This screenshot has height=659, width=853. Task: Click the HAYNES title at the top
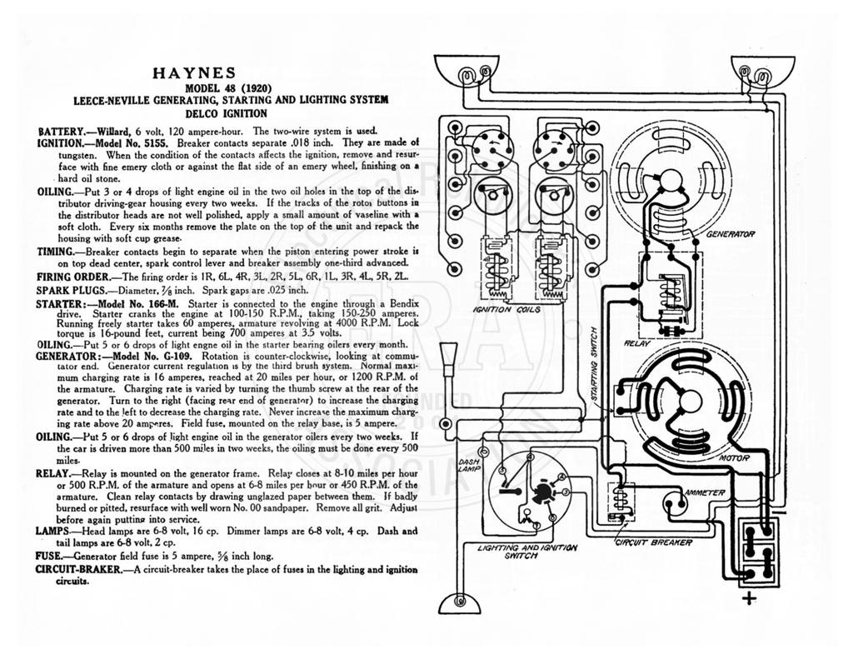pos(194,73)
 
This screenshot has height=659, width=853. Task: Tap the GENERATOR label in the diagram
pos(730,234)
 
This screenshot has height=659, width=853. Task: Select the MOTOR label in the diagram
pos(735,458)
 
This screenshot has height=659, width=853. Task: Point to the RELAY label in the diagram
pos(636,343)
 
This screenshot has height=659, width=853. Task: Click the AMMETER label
pos(705,492)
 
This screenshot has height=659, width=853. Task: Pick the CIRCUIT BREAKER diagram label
pos(653,542)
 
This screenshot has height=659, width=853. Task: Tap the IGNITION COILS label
pos(506,309)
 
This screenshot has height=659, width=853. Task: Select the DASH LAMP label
pos(468,464)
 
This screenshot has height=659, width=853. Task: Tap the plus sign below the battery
pos(750,598)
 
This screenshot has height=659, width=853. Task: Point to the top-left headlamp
pos(467,72)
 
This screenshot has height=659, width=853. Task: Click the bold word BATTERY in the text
pos(61,131)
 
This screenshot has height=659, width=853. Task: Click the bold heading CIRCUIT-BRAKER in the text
pos(78,570)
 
